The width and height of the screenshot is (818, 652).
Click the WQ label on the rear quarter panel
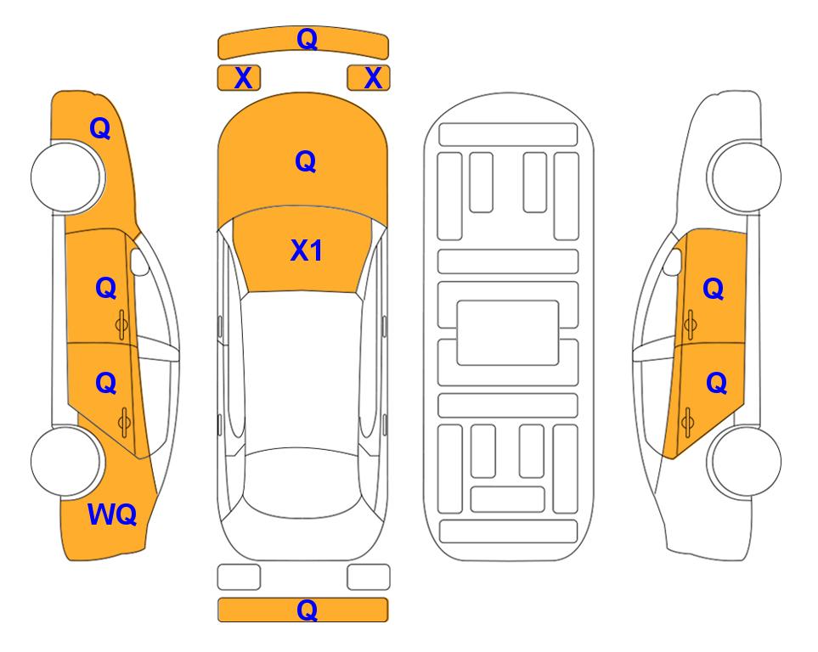112,514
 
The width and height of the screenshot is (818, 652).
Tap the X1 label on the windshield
307,250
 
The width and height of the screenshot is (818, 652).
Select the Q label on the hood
306,161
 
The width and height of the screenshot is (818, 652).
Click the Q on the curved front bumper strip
307,39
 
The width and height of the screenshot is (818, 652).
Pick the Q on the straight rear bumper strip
307,610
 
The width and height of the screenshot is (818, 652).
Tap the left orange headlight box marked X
239,78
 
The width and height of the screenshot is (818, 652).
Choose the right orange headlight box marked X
369,78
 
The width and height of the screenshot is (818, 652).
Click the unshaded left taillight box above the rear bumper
239,577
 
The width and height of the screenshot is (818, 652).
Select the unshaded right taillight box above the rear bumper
369,577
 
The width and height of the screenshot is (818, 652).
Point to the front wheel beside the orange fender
67,177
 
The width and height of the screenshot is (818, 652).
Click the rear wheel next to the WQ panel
66,462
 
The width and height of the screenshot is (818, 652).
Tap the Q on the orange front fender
100,128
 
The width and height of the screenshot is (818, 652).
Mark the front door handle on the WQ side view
122,325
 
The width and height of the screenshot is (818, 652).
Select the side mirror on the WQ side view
139,261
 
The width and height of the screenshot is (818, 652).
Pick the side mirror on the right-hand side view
673,261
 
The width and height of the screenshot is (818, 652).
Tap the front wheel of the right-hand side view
744,177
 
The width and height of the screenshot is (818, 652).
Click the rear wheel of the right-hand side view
744,462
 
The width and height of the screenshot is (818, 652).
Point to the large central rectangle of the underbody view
508,333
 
